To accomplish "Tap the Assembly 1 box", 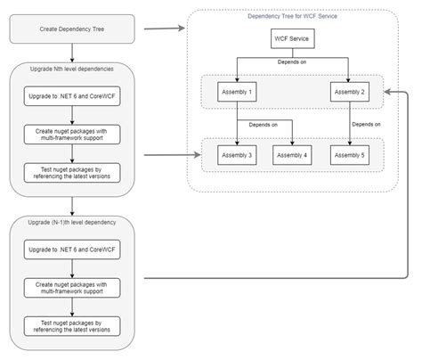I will [x=236, y=91].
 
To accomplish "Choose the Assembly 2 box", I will [x=350, y=91].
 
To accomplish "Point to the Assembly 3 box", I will [x=236, y=156].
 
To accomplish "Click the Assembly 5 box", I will [x=350, y=156].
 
